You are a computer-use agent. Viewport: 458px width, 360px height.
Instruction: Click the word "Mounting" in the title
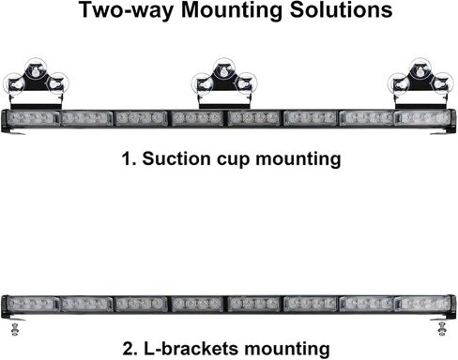pyautogui.click(x=232, y=10)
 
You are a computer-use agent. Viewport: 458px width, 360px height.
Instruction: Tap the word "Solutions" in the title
pyautogui.click(x=341, y=9)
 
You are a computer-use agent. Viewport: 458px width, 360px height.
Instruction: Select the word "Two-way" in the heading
pyautogui.click(x=126, y=11)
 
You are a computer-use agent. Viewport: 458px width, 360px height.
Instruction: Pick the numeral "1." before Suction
pyautogui.click(x=130, y=158)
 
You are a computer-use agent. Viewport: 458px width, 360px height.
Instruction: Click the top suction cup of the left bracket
pyautogui.click(x=36, y=68)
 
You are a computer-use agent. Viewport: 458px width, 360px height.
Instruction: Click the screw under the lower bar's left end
pyautogui.click(x=14, y=329)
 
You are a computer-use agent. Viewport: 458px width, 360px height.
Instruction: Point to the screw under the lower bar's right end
pyautogui.click(x=442, y=329)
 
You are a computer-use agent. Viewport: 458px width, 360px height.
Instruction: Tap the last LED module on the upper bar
pyautogui.click(x=424, y=118)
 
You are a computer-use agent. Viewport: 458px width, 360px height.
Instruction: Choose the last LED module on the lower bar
pyautogui.click(x=424, y=304)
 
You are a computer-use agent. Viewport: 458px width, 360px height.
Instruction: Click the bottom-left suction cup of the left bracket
pyautogui.click(x=14, y=84)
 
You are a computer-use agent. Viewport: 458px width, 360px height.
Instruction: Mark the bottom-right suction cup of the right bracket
pyautogui.click(x=442, y=83)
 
